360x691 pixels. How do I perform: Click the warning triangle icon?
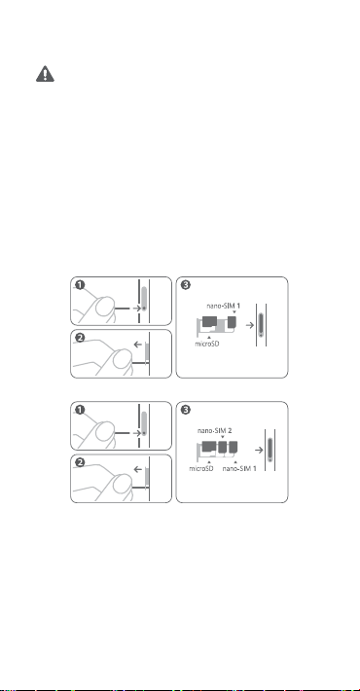coord(45,74)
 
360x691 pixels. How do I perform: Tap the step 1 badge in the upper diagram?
coord(80,285)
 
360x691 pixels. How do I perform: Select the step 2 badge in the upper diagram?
coord(80,338)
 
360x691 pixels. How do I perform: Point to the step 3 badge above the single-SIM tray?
coord(186,285)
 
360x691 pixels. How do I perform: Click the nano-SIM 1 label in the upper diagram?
coord(224,306)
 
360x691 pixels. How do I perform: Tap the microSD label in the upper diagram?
coord(207,344)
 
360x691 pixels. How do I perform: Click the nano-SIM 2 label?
coord(215,430)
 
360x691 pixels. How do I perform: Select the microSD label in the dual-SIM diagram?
coord(201,468)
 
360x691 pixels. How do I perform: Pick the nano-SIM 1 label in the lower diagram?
coord(239,468)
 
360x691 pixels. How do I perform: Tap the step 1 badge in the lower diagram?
coord(80,410)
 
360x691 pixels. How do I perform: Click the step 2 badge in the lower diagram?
coord(80,462)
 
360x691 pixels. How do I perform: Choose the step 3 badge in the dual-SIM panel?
coord(186,410)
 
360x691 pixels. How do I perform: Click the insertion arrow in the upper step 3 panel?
coord(250,325)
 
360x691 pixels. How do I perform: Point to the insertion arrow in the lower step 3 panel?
coord(259,450)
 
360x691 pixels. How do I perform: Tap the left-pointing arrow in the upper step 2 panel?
coord(138,345)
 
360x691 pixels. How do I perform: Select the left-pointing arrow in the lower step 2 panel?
coord(138,469)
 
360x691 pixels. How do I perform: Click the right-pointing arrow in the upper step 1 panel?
coord(136,309)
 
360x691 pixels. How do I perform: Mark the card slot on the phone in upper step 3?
coord(262,325)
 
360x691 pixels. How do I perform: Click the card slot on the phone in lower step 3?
coord(270,450)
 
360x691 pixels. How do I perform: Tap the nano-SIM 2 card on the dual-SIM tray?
coord(223,448)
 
